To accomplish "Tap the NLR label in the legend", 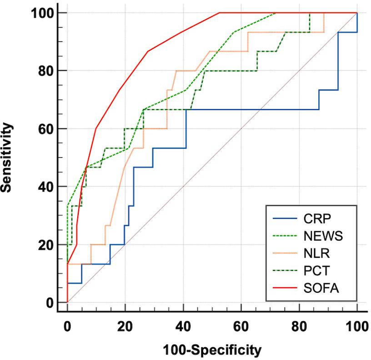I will coord(314,253).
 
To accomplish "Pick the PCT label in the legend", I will coord(314,271).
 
